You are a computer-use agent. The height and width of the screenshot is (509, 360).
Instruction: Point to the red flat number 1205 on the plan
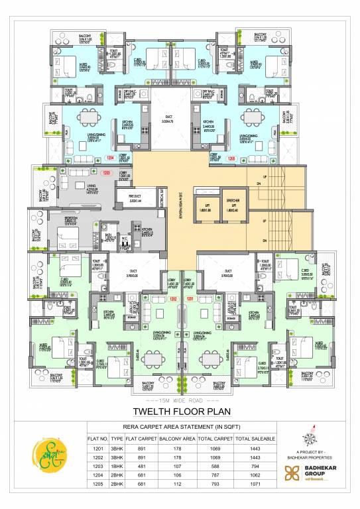click(x=232, y=159)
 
